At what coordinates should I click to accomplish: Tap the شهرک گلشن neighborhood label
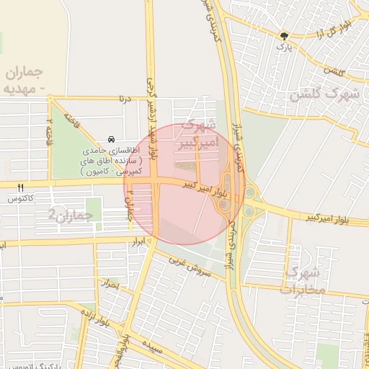(x=324, y=94)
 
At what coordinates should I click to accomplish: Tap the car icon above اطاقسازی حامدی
(x=110, y=138)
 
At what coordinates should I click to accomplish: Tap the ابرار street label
(x=138, y=241)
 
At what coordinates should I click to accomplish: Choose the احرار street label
(x=111, y=284)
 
